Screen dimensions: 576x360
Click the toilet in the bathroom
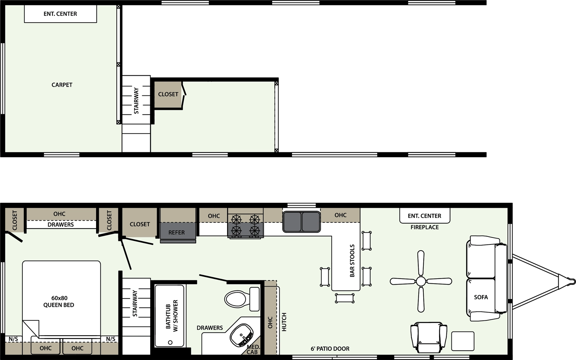(x=242, y=299)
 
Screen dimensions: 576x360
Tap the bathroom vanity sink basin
(x=242, y=335)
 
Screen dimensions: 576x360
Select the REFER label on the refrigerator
(x=176, y=233)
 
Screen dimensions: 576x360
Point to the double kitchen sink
(x=301, y=222)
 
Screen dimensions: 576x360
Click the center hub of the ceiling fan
(x=421, y=281)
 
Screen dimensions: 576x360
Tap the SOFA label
(x=481, y=297)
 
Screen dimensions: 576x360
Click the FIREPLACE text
(x=424, y=227)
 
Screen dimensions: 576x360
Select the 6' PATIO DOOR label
(x=330, y=349)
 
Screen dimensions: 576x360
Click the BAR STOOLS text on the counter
(x=352, y=261)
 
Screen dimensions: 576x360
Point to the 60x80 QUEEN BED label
(x=59, y=302)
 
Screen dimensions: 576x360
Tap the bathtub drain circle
(x=170, y=342)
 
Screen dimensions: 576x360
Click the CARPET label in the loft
(x=62, y=85)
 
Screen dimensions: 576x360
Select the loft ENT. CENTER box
(x=60, y=14)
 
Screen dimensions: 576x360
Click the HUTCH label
(x=284, y=322)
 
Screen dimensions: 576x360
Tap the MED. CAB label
(x=253, y=350)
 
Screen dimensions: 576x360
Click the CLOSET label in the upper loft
(x=168, y=94)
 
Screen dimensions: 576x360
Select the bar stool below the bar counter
(x=345, y=298)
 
